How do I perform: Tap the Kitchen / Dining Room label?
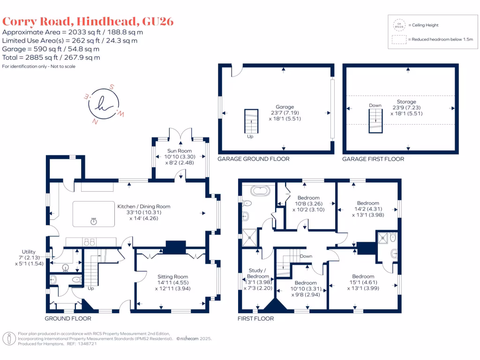coord(144,206)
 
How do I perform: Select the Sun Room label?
coord(178,151)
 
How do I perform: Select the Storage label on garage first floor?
coord(406,102)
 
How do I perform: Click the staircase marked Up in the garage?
coord(251,121)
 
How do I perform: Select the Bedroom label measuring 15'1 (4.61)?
coord(363,277)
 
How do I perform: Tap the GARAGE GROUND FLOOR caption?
coord(253,159)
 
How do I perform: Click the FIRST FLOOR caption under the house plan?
coord(256,318)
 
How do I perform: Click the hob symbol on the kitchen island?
coord(94,220)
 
